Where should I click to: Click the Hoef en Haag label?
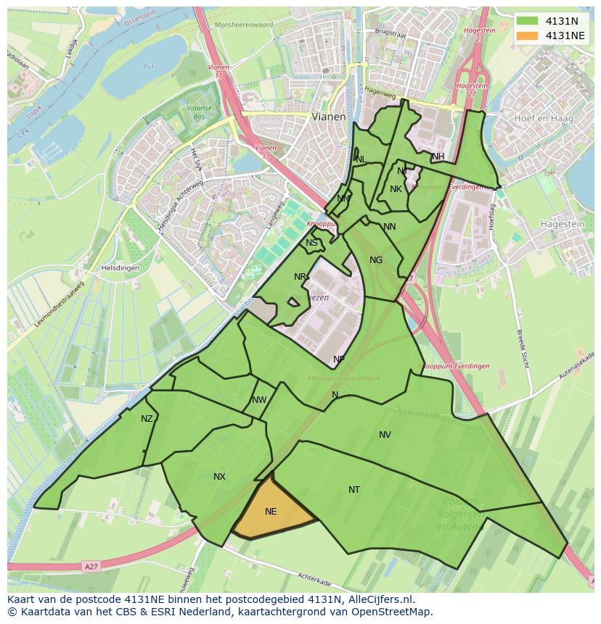pos(543,118)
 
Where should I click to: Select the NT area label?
pos(353,490)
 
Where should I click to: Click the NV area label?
pos(385,435)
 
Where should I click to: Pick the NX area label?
pos(219,477)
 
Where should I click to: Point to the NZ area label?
pos(147,419)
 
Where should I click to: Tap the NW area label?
pos(259,400)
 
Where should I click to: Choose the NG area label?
pos(375,260)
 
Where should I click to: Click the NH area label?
pos(438,157)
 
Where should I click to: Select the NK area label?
pos(396,189)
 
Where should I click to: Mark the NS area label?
pos(311,243)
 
